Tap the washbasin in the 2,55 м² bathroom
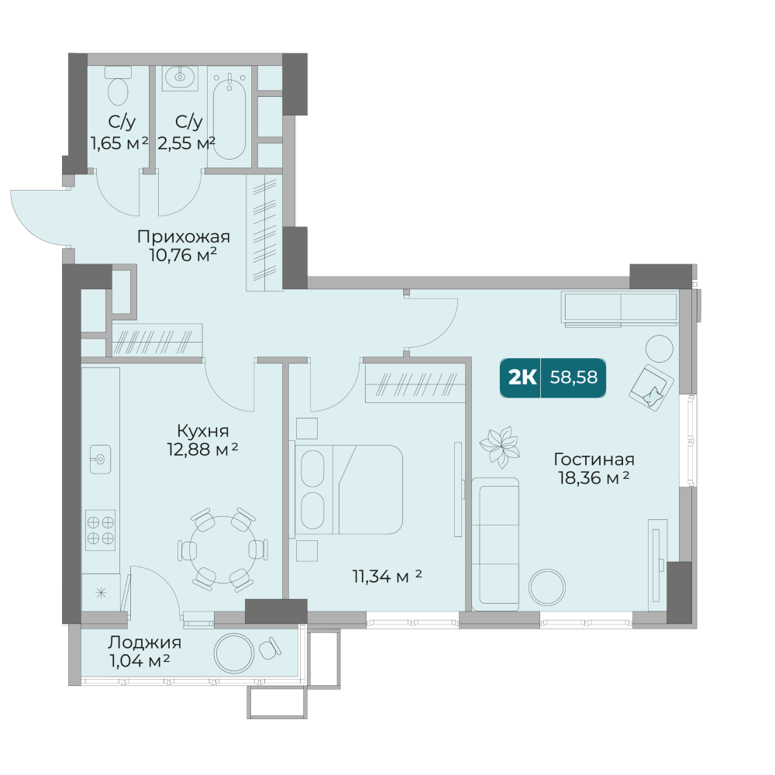click(x=180, y=77)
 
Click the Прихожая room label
click(x=184, y=236)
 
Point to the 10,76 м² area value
click(x=183, y=255)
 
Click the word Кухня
click(x=202, y=431)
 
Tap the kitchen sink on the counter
click(x=100, y=460)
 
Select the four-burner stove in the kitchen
click(x=100, y=530)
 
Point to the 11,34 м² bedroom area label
click(x=387, y=576)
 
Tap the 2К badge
click(x=521, y=377)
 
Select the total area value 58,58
click(x=573, y=377)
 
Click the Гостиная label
click(x=594, y=459)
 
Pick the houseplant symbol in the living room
click(x=500, y=447)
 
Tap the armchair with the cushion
click(x=651, y=387)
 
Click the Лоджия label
click(x=144, y=642)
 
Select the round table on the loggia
click(x=234, y=653)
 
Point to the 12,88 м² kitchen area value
click(x=202, y=449)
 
